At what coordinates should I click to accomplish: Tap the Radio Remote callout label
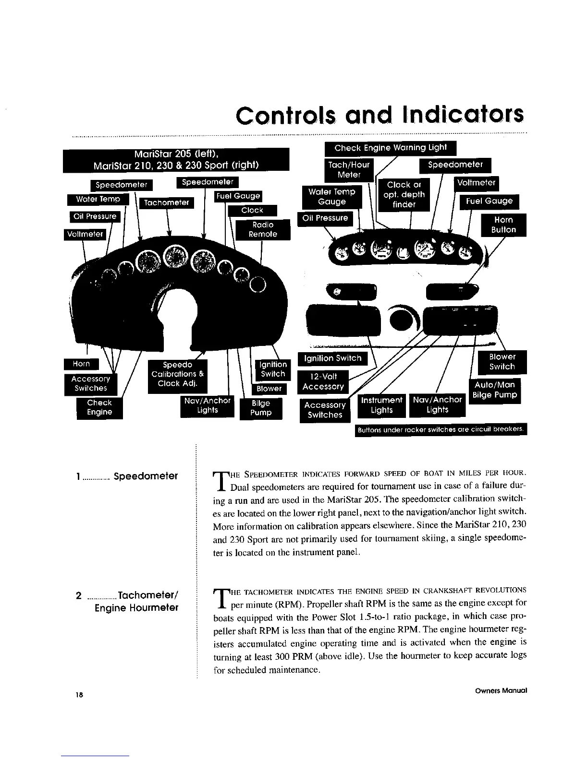[x=263, y=229]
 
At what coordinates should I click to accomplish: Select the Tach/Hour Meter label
[x=349, y=170]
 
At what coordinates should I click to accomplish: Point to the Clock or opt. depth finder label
[x=404, y=194]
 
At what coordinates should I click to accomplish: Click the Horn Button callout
[x=503, y=225]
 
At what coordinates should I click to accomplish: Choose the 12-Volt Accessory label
[x=323, y=381]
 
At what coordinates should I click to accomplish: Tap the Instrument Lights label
[x=382, y=405]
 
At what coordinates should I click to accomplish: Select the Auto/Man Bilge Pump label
[x=494, y=390]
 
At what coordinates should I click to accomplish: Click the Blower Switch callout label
[x=502, y=362]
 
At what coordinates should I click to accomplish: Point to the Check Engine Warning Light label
[x=391, y=148]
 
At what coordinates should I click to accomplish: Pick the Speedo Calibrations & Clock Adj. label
[x=178, y=374]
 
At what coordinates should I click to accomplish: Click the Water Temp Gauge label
[x=331, y=197]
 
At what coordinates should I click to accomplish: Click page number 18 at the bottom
[x=79, y=694]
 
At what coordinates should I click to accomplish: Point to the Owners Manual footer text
[x=501, y=690]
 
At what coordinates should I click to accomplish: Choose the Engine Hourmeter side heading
[x=136, y=608]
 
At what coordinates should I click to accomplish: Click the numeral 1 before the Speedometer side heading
[x=77, y=476]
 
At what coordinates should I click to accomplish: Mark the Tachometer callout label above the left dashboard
[x=166, y=203]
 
